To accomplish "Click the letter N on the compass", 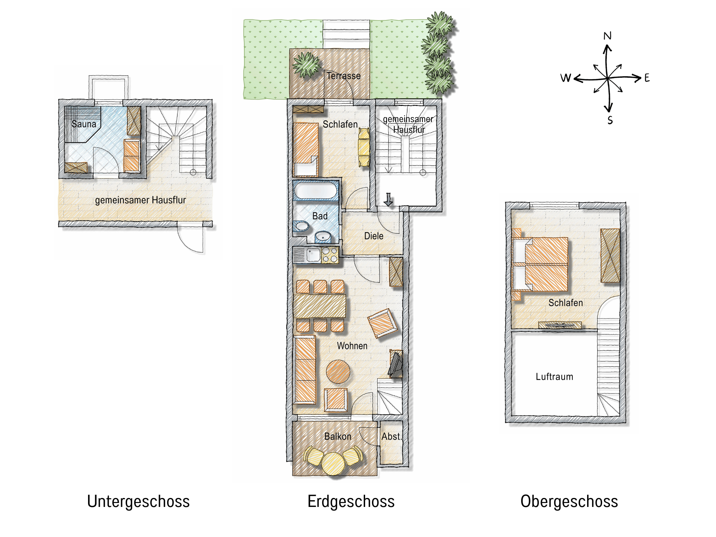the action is click(607, 36).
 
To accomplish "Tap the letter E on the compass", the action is click(647, 78).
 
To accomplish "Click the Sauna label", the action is click(84, 124).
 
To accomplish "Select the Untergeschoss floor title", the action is click(138, 502).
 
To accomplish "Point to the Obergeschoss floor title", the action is click(569, 502).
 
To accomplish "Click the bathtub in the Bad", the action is click(316, 190).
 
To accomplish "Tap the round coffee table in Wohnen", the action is click(338, 372).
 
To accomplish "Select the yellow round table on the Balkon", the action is click(333, 464).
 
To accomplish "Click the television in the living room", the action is click(396, 364).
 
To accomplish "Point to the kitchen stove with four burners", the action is click(330, 255).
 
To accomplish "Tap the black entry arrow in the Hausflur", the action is click(388, 199).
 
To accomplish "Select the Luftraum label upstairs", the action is click(554, 377).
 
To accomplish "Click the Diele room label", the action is click(373, 236).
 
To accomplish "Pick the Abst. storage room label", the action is click(392, 436).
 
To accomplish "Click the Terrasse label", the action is click(343, 76).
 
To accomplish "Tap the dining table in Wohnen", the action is click(320, 306).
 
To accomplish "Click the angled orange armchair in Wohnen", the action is click(382, 323).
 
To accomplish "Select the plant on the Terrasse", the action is click(306, 65).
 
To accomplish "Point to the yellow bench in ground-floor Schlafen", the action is click(364, 147).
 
